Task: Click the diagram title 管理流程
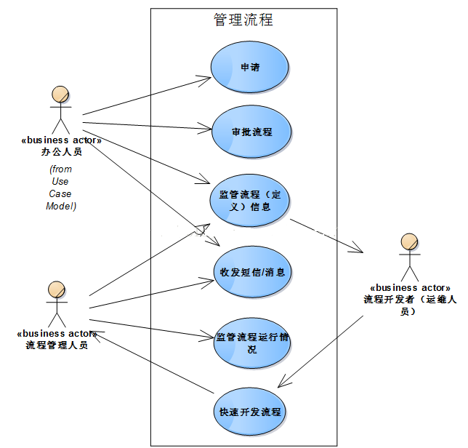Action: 243,20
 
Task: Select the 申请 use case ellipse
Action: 250,67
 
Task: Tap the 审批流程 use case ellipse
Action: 251,132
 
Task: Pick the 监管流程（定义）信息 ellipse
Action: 250,200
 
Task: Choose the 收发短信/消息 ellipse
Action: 251,272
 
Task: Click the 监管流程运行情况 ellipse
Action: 251,343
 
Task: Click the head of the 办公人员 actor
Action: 60,94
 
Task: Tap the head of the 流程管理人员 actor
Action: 57,289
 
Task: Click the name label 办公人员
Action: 62,152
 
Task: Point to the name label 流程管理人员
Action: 57,345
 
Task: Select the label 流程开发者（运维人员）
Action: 410,304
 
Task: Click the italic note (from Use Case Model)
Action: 61,188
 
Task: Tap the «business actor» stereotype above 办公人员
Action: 62,140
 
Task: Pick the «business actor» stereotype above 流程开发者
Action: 410,288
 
